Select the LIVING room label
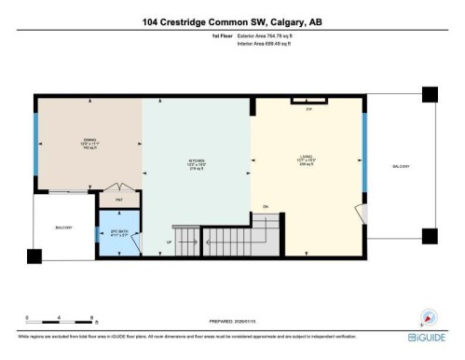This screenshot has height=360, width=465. (x=307, y=160)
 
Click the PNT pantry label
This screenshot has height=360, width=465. (x=118, y=200)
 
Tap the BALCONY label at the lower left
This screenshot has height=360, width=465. (x=63, y=226)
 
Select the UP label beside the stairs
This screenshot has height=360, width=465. (x=169, y=242)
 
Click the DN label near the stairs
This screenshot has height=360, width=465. (x=265, y=206)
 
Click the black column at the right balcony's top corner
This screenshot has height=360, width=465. (x=429, y=94)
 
